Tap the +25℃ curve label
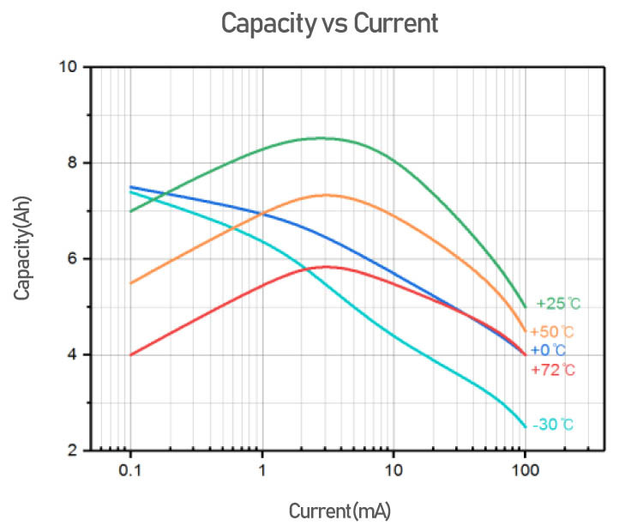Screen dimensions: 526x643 [x=558, y=303]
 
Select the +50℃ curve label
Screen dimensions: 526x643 [x=552, y=331]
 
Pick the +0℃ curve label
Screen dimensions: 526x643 [x=548, y=350]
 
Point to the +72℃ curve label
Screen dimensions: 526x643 [x=553, y=371]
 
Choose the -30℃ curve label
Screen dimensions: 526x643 [x=552, y=424]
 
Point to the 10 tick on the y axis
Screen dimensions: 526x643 [x=69, y=67]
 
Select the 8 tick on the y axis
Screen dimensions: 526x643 [x=73, y=163]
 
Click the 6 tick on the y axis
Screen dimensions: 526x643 [x=73, y=259]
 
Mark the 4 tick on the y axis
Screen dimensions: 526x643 [x=73, y=355]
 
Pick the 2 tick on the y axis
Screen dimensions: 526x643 [x=73, y=451]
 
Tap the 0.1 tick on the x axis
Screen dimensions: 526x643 [x=130, y=470]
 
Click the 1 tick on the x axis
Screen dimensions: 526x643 [x=261, y=470]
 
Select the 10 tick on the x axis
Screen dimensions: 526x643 [x=393, y=470]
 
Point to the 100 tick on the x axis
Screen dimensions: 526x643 [x=525, y=470]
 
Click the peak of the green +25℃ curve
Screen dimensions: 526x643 [x=322, y=137]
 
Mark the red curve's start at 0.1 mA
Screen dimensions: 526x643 [x=130, y=354]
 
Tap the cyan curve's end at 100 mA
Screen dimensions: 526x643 [x=525, y=426]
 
